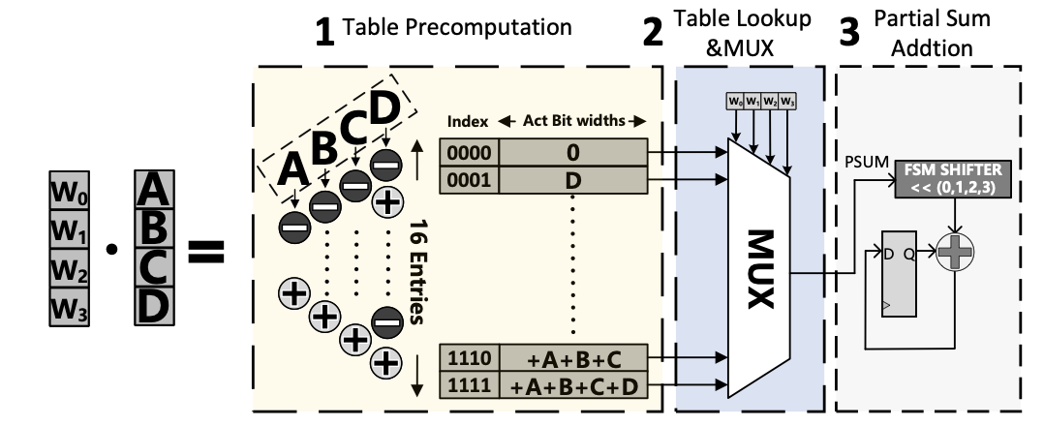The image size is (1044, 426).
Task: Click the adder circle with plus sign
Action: tap(957, 253)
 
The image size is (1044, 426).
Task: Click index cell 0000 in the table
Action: tap(470, 152)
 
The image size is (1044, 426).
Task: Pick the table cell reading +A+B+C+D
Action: tap(573, 386)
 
